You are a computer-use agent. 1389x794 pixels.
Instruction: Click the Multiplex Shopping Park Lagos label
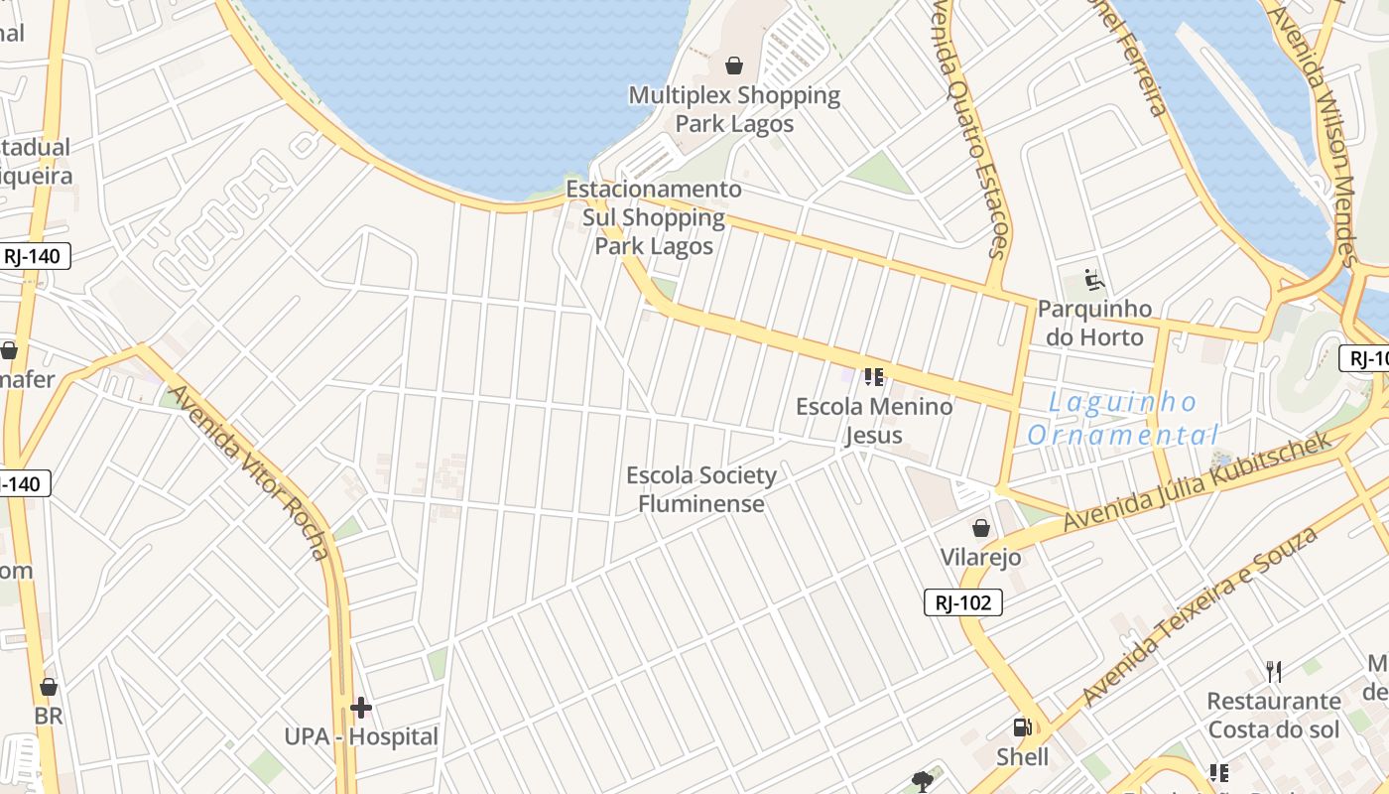[734, 109]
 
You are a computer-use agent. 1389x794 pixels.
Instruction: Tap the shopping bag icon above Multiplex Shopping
[734, 66]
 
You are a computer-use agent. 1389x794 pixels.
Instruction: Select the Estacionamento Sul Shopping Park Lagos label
[654, 217]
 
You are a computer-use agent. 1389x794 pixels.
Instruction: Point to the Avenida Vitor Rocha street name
[249, 472]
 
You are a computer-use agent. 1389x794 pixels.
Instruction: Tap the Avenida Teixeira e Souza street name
[1200, 616]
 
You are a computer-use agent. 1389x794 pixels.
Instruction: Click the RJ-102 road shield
[963, 602]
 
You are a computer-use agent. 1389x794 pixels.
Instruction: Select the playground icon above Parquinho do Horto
[1094, 280]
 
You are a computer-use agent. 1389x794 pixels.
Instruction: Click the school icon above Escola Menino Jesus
[873, 377]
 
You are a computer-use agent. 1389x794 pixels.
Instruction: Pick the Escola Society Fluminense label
[701, 489]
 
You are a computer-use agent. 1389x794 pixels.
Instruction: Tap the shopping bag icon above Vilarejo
[981, 528]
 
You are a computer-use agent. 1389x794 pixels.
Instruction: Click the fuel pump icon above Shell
[1022, 728]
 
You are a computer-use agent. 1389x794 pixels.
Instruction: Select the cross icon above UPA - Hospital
[361, 708]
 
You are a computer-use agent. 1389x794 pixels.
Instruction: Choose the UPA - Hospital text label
[361, 737]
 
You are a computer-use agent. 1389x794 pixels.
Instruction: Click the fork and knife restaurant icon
[1274, 672]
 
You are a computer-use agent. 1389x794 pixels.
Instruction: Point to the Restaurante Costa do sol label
[1274, 716]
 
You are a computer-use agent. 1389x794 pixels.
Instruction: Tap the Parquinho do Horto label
[1095, 323]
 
